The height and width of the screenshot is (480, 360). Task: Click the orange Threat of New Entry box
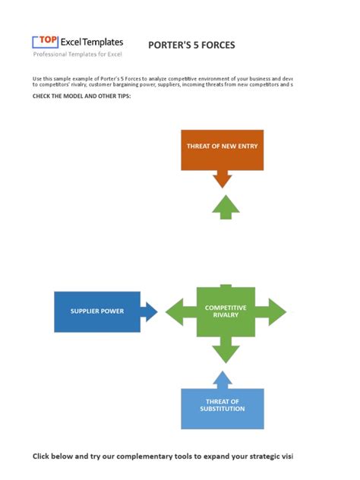(222, 150)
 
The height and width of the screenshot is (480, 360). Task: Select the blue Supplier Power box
(97, 311)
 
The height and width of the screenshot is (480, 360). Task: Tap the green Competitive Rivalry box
(226, 311)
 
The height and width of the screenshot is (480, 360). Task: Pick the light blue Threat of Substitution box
(222, 409)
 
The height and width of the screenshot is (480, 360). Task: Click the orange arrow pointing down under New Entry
(222, 179)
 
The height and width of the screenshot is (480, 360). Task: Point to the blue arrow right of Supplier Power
(150, 311)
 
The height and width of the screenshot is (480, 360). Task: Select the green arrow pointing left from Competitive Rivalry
(180, 311)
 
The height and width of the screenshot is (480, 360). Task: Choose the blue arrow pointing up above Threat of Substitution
(222, 379)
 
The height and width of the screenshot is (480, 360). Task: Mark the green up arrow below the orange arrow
(225, 207)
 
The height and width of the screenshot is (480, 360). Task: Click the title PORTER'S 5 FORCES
(191, 45)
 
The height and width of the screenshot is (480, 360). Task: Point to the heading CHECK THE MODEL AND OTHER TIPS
(82, 96)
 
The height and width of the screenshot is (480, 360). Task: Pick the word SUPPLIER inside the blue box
(85, 311)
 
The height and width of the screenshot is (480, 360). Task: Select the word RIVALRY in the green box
(226, 315)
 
